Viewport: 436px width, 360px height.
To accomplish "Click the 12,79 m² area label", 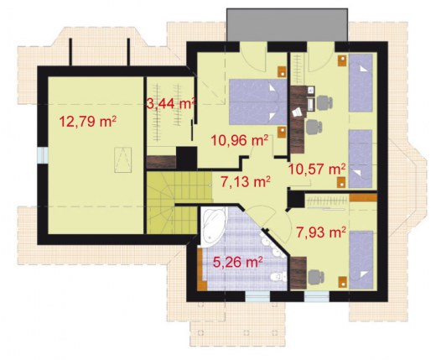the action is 88,122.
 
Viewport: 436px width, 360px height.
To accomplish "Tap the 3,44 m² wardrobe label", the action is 171,103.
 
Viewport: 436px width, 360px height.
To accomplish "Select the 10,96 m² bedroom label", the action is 240,140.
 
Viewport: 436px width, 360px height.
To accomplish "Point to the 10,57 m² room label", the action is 317,169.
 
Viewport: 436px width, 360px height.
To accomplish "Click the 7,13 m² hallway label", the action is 246,182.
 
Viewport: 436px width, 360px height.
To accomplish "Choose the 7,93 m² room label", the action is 321,232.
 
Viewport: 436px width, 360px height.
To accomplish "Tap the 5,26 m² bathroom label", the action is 237,262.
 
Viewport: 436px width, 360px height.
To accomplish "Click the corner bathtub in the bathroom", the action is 213,226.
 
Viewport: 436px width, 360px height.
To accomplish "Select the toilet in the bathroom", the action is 278,277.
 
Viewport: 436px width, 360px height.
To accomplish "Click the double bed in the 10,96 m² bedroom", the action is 258,102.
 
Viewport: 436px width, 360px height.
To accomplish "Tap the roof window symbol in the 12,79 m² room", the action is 122,160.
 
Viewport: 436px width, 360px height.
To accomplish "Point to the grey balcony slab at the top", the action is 287,25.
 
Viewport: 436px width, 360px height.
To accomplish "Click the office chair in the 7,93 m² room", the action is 316,277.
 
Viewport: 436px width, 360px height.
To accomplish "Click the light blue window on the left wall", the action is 43,155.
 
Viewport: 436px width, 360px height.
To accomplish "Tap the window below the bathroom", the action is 257,296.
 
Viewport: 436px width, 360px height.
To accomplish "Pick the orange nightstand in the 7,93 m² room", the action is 342,282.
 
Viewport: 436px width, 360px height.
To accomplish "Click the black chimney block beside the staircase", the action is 186,158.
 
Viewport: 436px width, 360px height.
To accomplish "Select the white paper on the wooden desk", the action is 297,112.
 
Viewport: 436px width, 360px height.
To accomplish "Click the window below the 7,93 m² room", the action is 317,296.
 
